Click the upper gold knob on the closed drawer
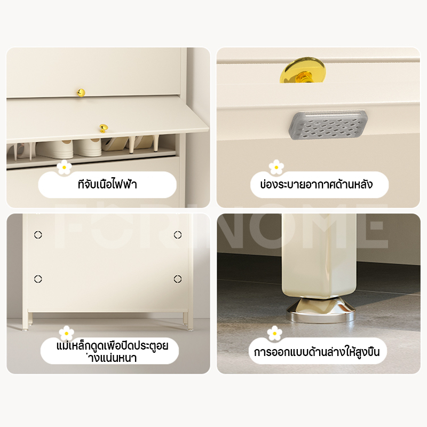pyautogui.click(x=81, y=92)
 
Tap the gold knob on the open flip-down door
pyautogui.click(x=104, y=128)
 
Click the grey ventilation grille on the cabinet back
pyautogui.click(x=328, y=125)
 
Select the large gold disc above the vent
pyautogui.click(x=303, y=70)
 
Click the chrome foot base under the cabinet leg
pyautogui.click(x=321, y=310)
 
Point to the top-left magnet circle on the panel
pyautogui.click(x=38, y=235)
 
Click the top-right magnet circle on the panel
pyautogui.click(x=178, y=234)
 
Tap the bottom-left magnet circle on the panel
pyautogui.click(x=38, y=279)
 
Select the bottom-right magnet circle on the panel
pyautogui.click(x=178, y=279)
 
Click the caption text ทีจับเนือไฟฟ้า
pyautogui.click(x=107, y=184)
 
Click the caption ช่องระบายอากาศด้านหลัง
pyautogui.click(x=316, y=184)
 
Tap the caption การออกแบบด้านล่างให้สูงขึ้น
pyautogui.click(x=317, y=352)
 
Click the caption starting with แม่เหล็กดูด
pyautogui.click(x=112, y=351)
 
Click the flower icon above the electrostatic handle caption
pyautogui.click(x=64, y=167)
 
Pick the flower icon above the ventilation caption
pyautogui.click(x=276, y=167)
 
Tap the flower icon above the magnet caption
pyautogui.click(x=66, y=333)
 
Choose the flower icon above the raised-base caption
pyautogui.click(x=274, y=333)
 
